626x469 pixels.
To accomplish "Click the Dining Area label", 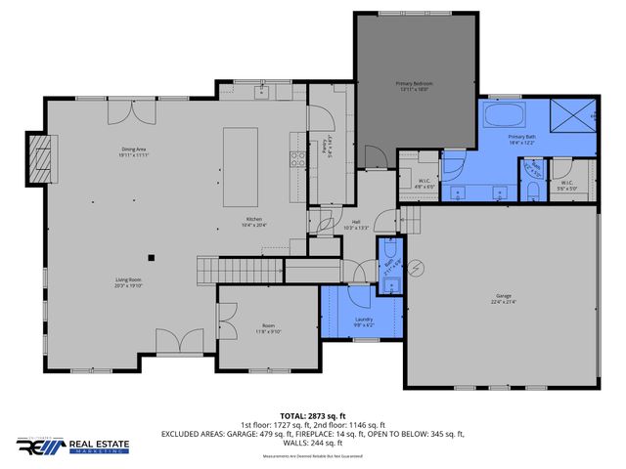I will [134, 149].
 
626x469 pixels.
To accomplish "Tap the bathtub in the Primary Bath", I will [503, 120].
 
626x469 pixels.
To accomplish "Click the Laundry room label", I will [362, 320].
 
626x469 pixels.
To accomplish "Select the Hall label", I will [357, 223].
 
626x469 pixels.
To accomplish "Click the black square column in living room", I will [151, 257].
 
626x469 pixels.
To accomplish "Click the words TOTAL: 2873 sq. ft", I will [313, 415].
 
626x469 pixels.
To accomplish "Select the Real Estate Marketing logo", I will [76, 446].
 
